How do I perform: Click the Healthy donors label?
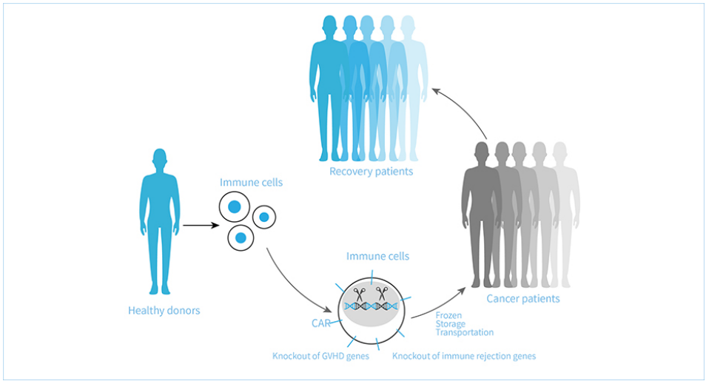(164, 311)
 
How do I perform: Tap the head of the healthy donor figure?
(160, 158)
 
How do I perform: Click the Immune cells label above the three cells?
(251, 182)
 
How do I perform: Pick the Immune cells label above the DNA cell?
(377, 256)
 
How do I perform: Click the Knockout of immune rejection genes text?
(464, 356)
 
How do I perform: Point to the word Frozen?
(448, 315)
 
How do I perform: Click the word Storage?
(451, 324)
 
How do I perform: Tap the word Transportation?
(464, 333)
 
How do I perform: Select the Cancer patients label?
(523, 299)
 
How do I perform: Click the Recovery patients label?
(371, 172)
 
